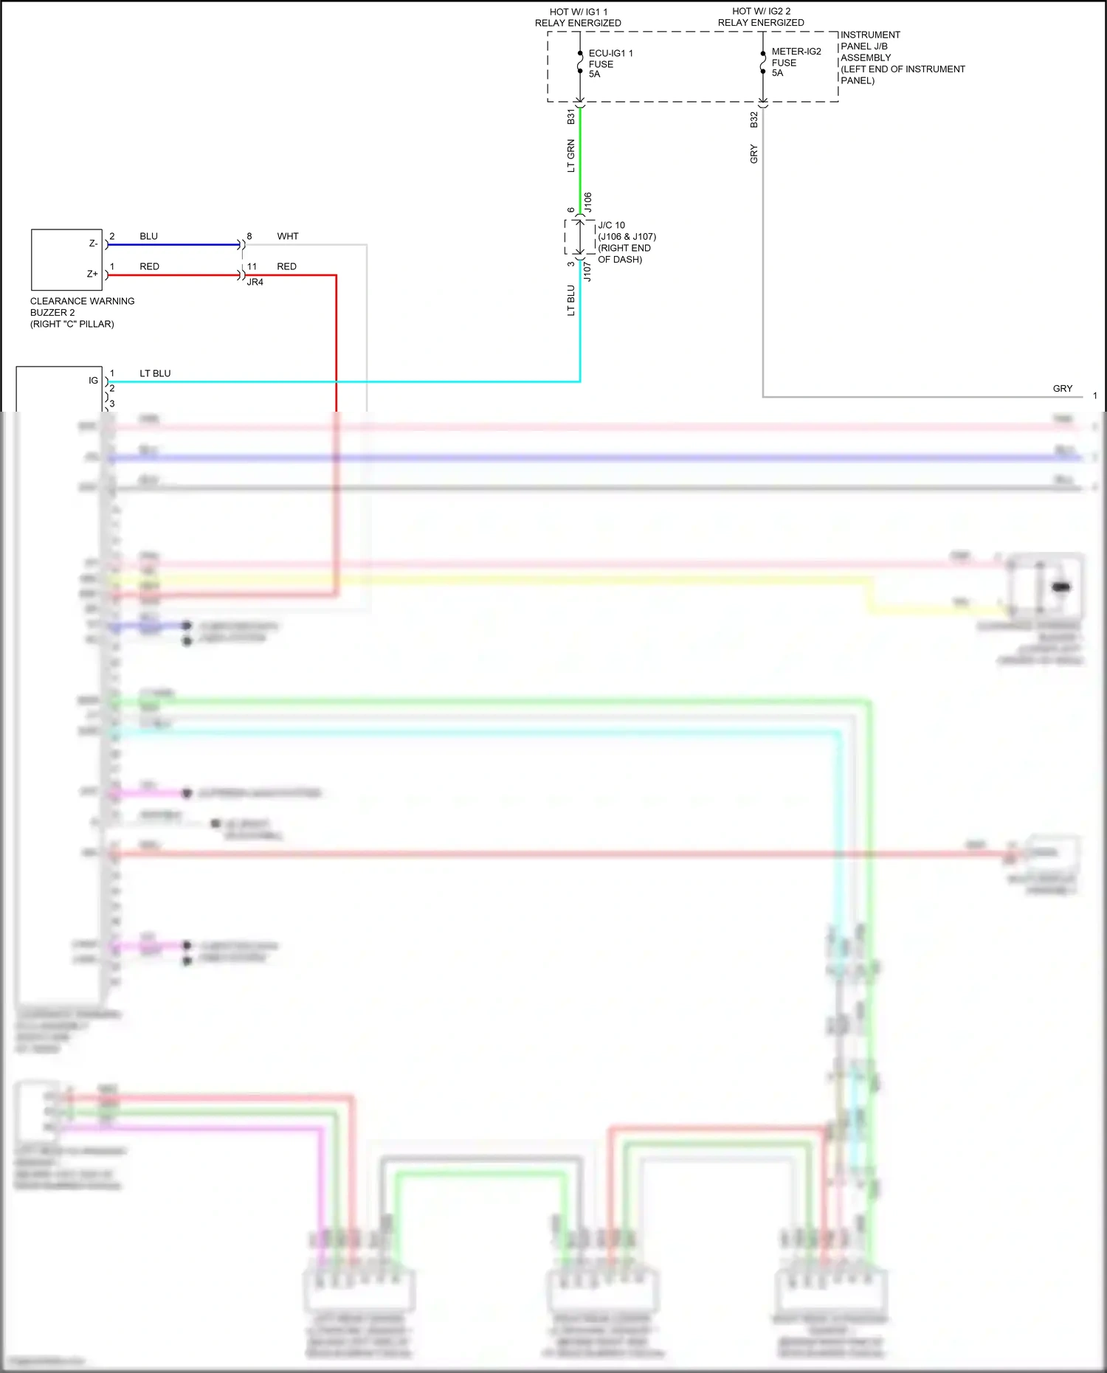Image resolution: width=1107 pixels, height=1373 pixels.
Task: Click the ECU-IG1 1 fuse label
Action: [x=610, y=63]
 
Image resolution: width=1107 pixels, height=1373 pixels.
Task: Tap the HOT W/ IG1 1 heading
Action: [x=578, y=18]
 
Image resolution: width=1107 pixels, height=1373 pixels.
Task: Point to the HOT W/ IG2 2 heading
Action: [x=761, y=17]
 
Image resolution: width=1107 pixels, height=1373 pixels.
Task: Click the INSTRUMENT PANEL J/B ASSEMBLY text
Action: [x=902, y=58]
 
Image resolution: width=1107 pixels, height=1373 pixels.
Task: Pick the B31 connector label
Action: [x=570, y=117]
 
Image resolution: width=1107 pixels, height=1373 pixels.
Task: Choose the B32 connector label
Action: [x=753, y=120]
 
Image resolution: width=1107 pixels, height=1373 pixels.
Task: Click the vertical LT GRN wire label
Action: [x=570, y=156]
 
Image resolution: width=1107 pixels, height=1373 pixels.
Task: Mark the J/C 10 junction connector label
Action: [x=626, y=242]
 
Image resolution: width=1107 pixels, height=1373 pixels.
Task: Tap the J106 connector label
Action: [x=588, y=202]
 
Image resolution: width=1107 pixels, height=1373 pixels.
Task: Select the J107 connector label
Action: [x=588, y=271]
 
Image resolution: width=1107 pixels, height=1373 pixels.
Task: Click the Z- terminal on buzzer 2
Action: [x=93, y=243]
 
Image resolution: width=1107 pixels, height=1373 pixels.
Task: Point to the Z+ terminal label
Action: [x=92, y=274]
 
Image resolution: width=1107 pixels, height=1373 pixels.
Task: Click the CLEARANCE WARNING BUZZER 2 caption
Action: [x=82, y=312]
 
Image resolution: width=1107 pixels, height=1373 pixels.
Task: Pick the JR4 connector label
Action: [x=255, y=283]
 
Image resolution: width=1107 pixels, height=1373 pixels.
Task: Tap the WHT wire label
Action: [x=288, y=236]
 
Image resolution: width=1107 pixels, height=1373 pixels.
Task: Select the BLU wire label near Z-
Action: [x=148, y=236]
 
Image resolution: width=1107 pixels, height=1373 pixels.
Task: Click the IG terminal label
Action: [x=93, y=381]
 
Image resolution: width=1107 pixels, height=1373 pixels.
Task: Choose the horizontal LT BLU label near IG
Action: [x=155, y=373]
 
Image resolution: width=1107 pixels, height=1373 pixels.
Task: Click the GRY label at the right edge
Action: [x=1062, y=389]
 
